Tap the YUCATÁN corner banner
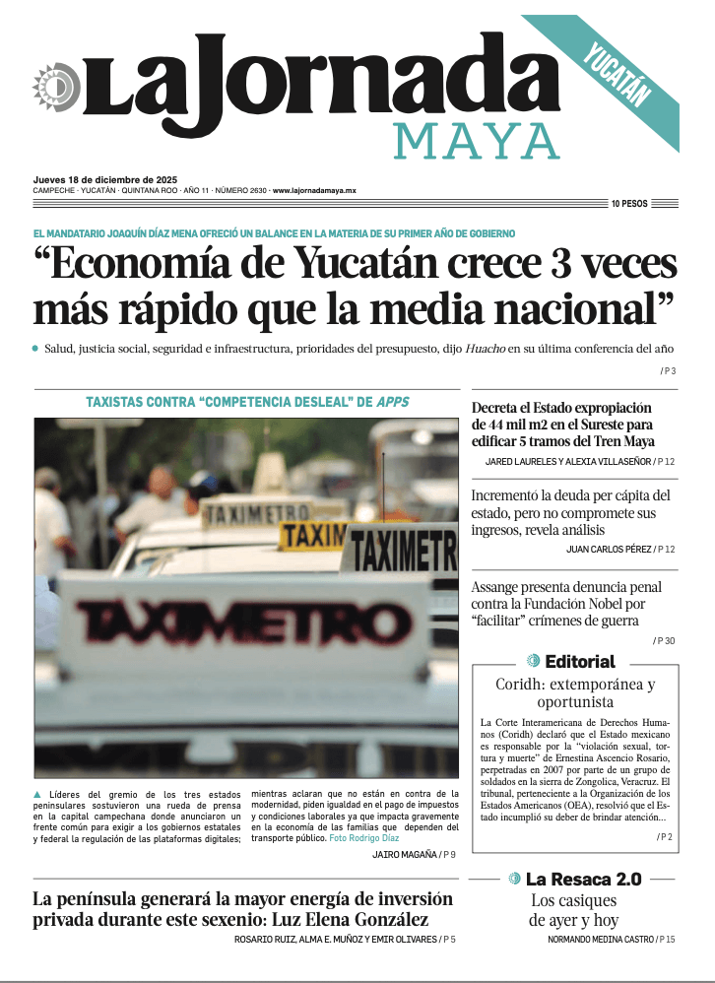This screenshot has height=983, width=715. [x=618, y=75]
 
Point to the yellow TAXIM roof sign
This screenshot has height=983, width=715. [x=313, y=536]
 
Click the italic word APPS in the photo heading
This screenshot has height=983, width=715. [x=392, y=402]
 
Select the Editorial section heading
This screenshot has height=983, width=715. [x=579, y=662]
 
